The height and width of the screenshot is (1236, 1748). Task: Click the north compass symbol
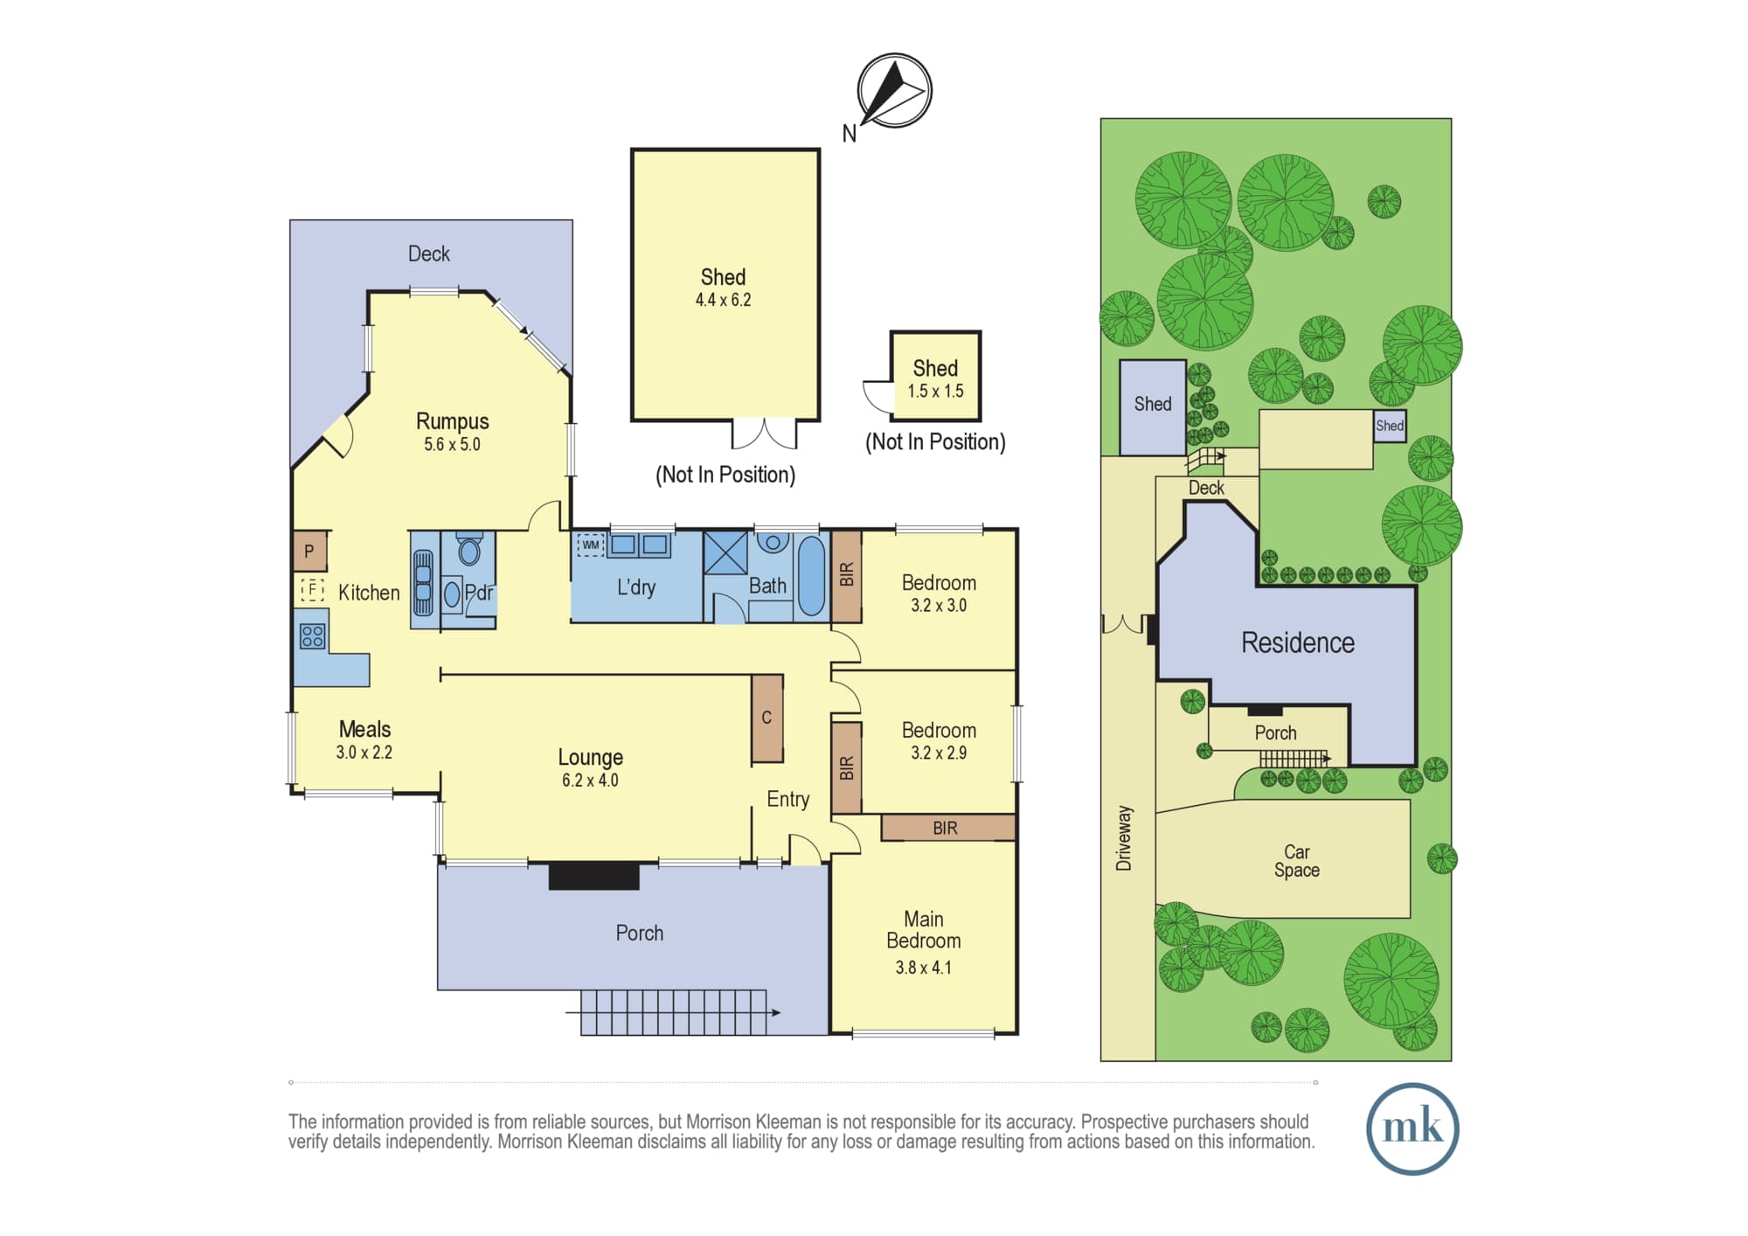894,91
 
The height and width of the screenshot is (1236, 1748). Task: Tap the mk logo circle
1412,1128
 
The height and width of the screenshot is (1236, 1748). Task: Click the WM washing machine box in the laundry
591,545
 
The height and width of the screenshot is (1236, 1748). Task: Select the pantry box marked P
309,552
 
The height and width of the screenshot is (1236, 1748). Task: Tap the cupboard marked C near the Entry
766,718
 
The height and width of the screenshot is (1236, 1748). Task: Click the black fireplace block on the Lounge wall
593,876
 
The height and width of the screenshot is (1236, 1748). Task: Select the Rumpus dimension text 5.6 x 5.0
452,444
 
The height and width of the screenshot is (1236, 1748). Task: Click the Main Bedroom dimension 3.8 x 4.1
923,968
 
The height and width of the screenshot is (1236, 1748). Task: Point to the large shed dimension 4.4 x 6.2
723,300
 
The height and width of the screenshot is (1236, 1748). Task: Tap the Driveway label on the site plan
1124,838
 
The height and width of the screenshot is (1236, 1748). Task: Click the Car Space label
1297,860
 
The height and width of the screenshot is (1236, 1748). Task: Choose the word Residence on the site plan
1298,642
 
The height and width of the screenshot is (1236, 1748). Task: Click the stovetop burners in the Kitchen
313,635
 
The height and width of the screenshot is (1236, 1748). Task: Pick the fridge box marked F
312,589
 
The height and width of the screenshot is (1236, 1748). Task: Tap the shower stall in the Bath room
725,552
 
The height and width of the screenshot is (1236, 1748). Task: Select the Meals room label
364,729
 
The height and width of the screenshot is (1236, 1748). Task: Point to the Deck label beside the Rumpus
429,253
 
